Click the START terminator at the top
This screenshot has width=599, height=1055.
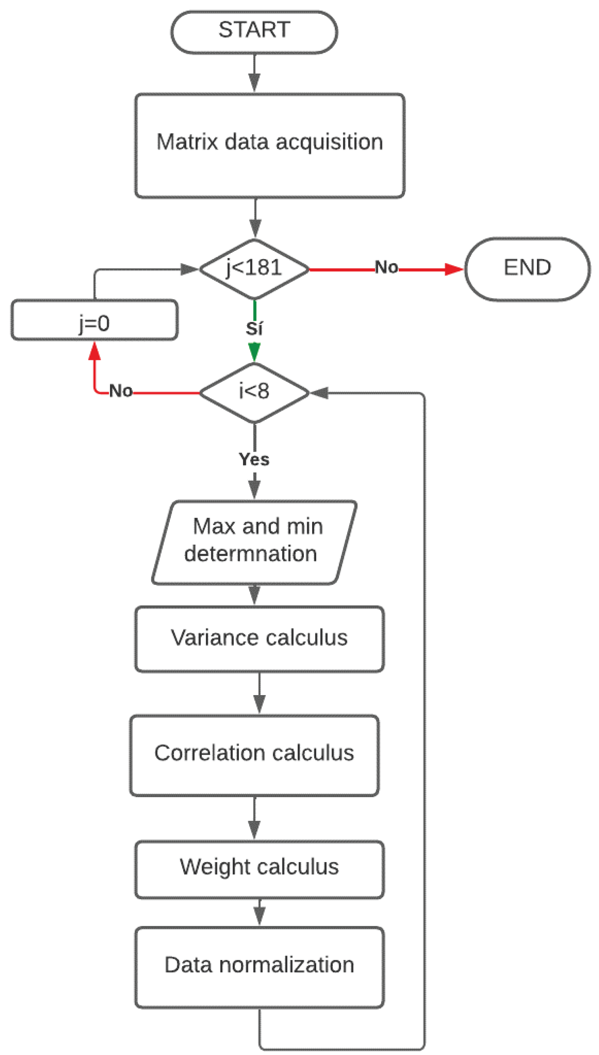pos(254,32)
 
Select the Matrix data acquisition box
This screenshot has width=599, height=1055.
pos(269,145)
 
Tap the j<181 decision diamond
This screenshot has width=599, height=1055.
pos(254,268)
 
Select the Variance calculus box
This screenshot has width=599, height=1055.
pos(259,638)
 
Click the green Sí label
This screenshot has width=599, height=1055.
pos(254,329)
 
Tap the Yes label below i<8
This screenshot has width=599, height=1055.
pos(254,459)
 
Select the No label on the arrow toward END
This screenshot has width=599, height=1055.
pos(386,267)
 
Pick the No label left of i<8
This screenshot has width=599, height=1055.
pos(121,391)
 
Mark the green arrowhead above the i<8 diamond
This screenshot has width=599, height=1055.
pos(254,352)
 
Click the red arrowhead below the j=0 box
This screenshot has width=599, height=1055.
pos(95,351)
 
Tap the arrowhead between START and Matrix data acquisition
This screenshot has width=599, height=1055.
pos(254,81)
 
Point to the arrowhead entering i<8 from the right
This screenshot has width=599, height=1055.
pos(320,393)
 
